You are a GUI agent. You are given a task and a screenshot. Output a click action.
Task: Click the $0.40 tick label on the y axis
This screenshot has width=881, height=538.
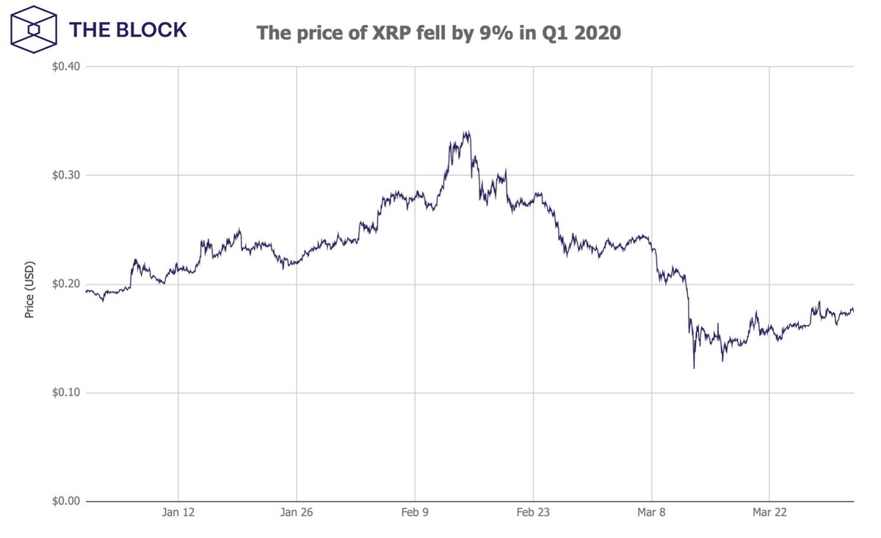66,67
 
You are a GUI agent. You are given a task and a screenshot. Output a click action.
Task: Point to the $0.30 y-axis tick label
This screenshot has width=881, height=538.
66,176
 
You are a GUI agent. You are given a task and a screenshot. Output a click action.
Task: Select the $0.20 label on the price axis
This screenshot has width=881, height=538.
66,284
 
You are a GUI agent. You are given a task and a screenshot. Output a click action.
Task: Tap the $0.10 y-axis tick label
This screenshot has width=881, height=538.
66,393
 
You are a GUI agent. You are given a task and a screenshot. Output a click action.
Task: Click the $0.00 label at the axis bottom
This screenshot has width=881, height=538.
66,501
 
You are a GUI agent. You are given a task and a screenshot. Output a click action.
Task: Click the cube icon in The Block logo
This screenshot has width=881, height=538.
34,30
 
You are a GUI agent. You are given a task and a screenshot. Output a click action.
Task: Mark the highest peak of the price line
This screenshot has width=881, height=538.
466,132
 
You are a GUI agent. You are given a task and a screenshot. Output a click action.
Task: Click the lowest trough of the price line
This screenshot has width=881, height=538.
694,367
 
